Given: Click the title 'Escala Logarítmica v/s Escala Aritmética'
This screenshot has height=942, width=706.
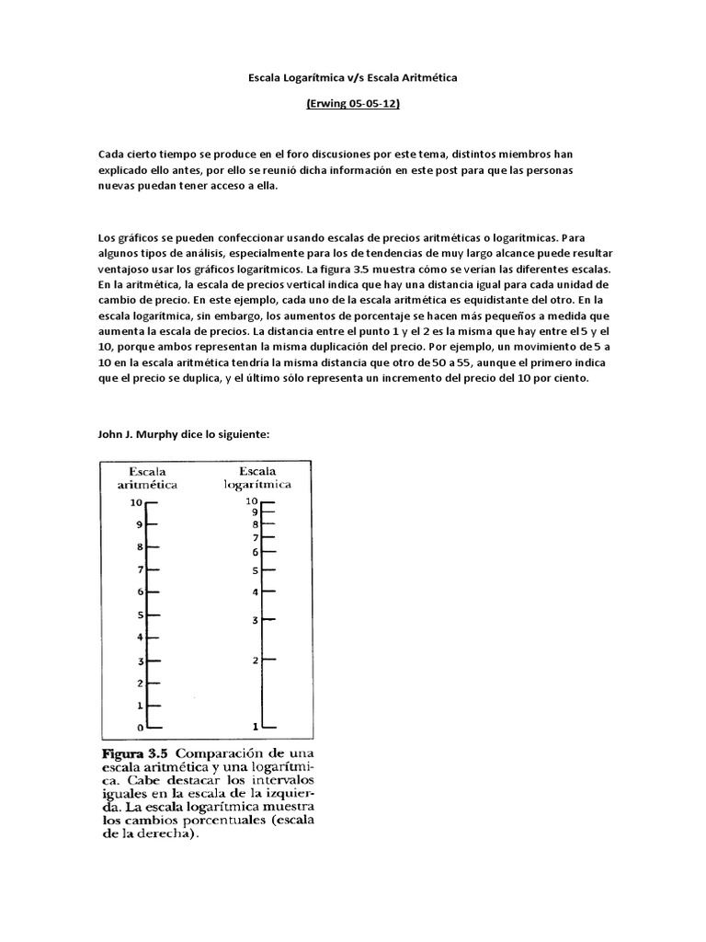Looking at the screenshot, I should pyautogui.click(x=353, y=79).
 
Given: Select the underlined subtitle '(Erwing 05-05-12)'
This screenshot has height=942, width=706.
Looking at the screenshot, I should pyautogui.click(x=353, y=105).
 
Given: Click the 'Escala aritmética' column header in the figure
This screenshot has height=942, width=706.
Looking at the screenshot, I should pyautogui.click(x=146, y=477).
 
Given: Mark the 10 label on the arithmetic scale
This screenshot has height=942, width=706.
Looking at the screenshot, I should pyautogui.click(x=136, y=502).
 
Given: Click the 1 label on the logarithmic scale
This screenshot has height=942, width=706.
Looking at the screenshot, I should pyautogui.click(x=255, y=727).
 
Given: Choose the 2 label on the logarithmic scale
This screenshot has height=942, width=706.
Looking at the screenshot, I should pyautogui.click(x=255, y=661).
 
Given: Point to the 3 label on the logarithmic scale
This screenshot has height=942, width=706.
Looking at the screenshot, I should pyautogui.click(x=255, y=621).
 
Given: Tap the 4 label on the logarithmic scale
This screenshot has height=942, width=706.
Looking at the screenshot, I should pyautogui.click(x=255, y=592).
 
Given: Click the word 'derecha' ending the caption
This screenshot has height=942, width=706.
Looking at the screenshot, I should pyautogui.click(x=164, y=835).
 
